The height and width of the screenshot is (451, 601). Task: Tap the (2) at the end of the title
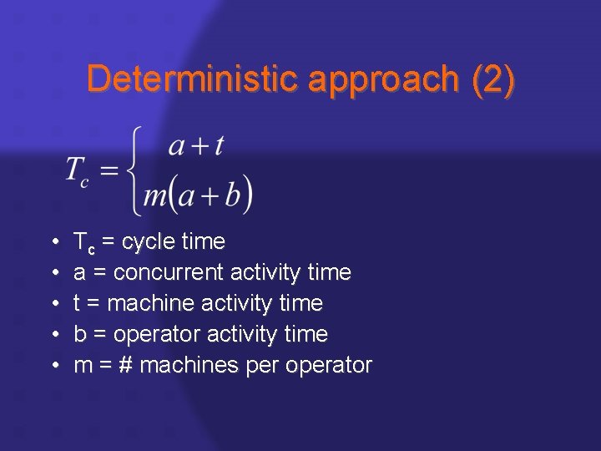(493, 79)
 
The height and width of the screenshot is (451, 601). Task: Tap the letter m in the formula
(155, 195)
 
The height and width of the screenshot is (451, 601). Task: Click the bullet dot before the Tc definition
(54, 243)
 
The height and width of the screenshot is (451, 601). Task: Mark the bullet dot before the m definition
(54, 366)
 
